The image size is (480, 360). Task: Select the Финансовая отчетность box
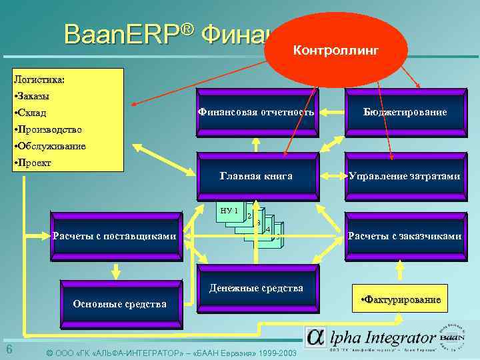coord(256,113)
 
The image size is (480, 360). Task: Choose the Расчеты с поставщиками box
coord(115,235)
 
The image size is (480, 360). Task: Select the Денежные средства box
coord(256,289)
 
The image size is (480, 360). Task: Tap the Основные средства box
coord(120,304)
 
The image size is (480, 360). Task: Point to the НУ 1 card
coord(229,211)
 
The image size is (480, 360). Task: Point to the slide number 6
coord(9,351)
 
